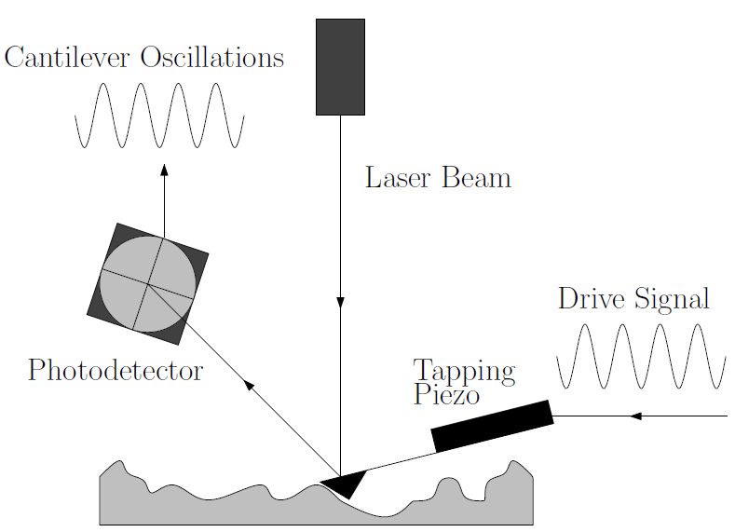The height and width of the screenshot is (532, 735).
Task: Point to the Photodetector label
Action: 115,371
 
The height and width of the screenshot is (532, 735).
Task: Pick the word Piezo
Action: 446,394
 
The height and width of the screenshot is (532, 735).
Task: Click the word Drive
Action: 592,299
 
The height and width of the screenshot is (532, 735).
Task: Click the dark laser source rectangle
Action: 340,66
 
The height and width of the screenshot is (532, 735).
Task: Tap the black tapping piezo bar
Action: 492,426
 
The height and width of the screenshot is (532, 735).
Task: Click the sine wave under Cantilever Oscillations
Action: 159,116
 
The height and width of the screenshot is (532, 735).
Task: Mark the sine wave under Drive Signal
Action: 641,356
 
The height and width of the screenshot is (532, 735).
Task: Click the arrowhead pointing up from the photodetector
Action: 164,170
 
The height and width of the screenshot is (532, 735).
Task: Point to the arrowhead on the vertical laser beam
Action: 340,302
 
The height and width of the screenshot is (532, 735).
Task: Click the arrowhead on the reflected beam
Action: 249,383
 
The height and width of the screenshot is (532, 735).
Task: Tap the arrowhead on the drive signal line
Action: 635,416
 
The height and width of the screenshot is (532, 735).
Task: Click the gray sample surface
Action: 233,508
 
